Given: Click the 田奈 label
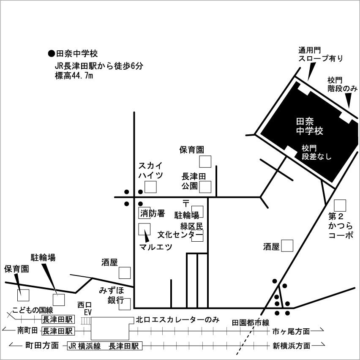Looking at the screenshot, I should pos(305,122).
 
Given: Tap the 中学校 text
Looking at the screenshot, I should pos(309,131).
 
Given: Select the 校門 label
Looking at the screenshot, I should pos(309,148).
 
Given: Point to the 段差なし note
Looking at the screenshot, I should pos(316,156).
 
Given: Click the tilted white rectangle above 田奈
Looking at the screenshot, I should pos(304,90).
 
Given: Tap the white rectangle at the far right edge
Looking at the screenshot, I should pos(346,118).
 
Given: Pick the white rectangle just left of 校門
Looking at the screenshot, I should pos(291,151).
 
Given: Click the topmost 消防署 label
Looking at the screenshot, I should pos(153,213).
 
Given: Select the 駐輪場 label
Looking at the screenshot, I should pos(186,215).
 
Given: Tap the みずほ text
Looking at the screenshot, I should pos(112,291).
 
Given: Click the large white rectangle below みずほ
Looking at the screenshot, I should pos(110,329).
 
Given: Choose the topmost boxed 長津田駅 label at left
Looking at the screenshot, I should pos(58,319).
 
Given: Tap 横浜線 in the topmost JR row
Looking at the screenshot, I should pos(89,346).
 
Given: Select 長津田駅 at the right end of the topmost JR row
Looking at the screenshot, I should pos(123,346).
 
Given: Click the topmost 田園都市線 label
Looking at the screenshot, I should pos(251,323).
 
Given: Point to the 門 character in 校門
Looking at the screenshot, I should pos(313,148).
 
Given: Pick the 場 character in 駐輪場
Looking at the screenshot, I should pos(195,215).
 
